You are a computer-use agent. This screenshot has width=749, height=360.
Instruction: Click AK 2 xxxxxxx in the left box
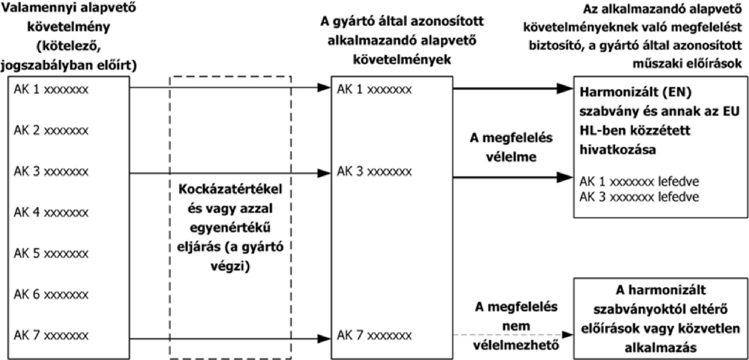point(51,130)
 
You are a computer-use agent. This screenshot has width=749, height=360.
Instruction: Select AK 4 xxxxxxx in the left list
point(51,212)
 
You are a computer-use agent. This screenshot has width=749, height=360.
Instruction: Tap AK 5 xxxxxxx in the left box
point(51,253)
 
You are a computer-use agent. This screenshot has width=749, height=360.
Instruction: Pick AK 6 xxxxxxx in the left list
point(51,294)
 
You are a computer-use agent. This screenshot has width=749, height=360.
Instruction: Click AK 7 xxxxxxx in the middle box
point(375,335)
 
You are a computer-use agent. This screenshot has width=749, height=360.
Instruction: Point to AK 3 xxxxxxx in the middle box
point(375,171)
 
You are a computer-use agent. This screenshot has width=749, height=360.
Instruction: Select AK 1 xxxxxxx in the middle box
point(375,89)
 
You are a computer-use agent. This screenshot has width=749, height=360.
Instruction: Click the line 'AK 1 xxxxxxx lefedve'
point(639,182)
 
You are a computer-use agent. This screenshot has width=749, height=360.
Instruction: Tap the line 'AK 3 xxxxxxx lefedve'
point(639,197)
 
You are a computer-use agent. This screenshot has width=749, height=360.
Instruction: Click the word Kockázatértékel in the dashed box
point(230,189)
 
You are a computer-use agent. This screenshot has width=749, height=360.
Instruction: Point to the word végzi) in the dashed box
point(230,267)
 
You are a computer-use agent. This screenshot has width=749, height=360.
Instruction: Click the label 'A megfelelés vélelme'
point(511,147)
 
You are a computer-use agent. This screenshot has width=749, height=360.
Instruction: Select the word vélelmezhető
point(516,345)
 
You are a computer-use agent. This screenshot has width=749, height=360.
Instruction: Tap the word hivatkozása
point(617,149)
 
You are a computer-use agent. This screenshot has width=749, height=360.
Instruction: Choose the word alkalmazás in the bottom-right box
point(661,347)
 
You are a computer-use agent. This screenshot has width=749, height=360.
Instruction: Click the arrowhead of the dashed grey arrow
point(568,334)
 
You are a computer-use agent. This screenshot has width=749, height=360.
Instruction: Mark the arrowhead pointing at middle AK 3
point(324,173)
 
